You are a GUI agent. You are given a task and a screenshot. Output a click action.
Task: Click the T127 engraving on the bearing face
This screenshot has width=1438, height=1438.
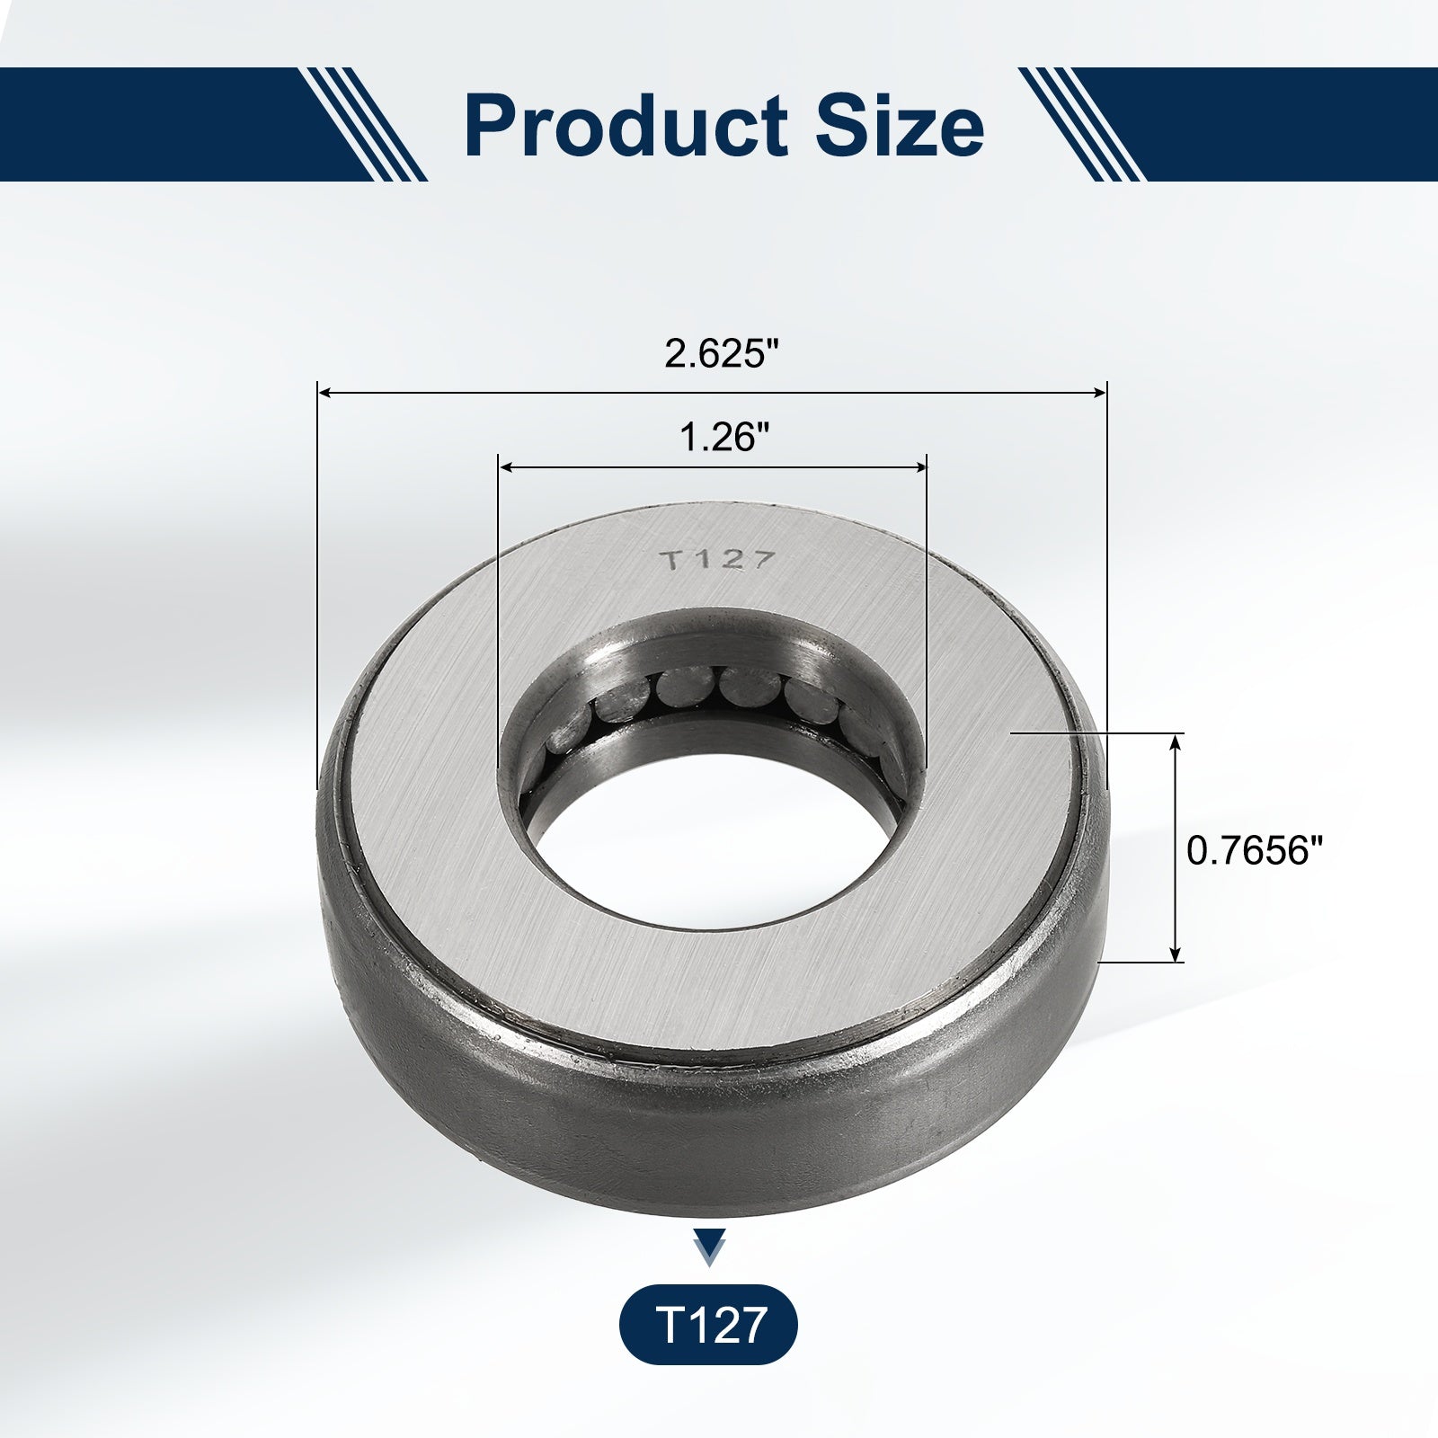point(717,561)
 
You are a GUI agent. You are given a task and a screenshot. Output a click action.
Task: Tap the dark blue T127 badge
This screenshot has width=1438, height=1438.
point(708,1326)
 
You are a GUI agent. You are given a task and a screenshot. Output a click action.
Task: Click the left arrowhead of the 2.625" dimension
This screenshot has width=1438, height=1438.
point(326,392)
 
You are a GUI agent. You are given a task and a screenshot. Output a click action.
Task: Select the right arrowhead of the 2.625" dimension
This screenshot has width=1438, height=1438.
point(1098,392)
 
